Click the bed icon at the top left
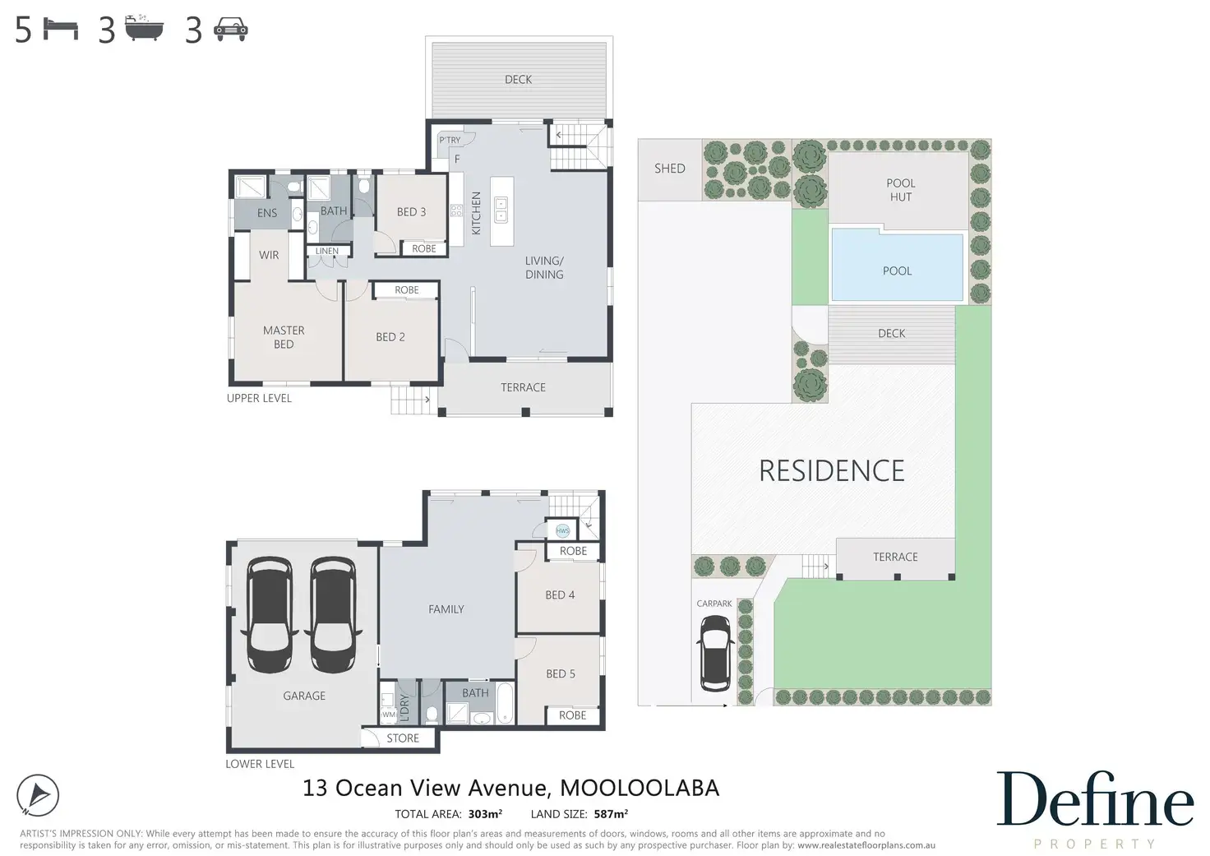61,29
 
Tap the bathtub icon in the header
144,28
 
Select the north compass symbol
37,795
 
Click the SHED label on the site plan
670,169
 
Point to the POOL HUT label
900,190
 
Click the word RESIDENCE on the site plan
832,470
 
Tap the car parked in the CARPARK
715,654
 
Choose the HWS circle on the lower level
563,530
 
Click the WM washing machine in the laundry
388,715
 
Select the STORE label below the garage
403,738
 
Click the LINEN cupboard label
327,251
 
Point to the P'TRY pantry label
450,140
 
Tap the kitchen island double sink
501,211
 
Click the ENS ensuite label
267,213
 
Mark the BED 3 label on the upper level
412,212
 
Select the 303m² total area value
485,814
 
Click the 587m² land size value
611,814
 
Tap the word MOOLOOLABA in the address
640,788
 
